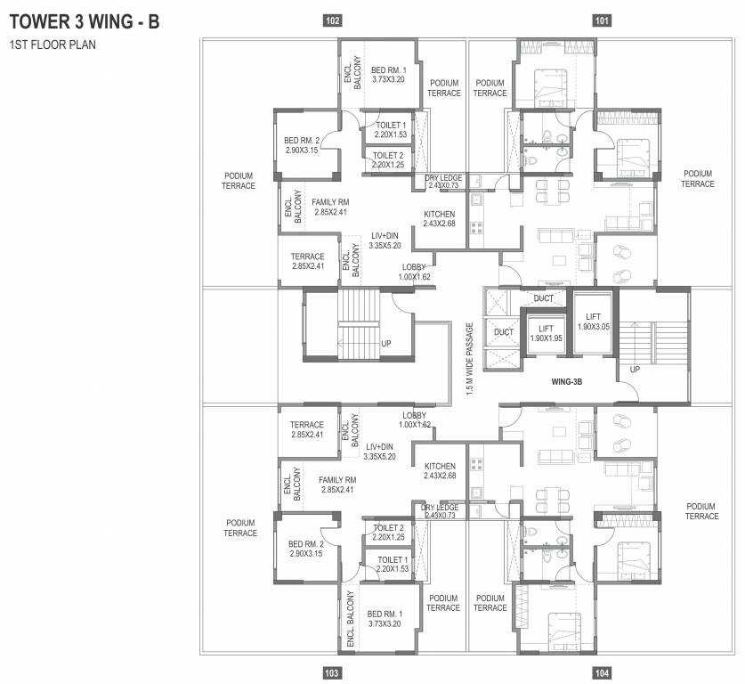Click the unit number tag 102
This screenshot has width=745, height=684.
point(333,20)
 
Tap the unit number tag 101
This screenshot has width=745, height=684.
point(602,20)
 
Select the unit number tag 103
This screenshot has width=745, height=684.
point(333,674)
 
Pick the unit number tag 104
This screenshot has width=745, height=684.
point(602,674)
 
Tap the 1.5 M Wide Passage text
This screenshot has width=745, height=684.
point(470,359)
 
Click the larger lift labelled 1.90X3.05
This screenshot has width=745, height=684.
point(593,322)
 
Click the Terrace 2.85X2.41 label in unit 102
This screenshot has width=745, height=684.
point(308,261)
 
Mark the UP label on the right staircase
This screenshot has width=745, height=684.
point(635,369)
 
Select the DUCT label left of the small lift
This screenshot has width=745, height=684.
point(504,332)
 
